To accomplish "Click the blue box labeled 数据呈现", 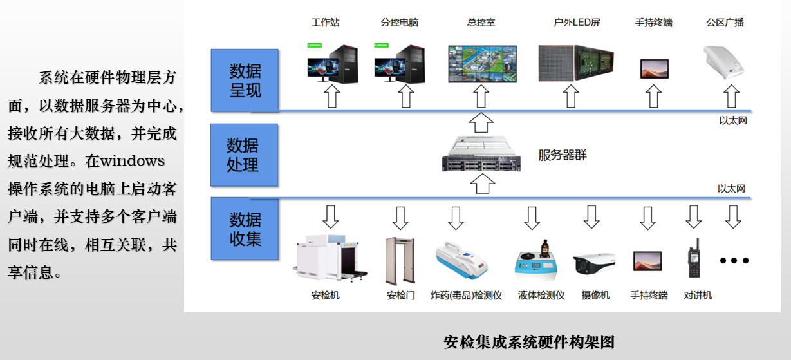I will (245, 81).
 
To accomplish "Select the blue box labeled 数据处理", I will (244, 155).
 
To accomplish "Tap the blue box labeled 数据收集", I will (245, 229).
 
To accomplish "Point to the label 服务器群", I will (562, 155).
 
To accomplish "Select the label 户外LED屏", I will (577, 23).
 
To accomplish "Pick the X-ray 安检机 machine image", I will (330, 260).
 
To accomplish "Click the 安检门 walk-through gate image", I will (400, 260).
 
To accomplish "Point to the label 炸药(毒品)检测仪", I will (466, 296).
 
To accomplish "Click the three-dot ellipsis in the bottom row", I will (734, 261).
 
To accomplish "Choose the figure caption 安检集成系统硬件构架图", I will (529, 342).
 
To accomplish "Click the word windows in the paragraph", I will (132, 160).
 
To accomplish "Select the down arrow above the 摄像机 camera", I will (592, 217).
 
